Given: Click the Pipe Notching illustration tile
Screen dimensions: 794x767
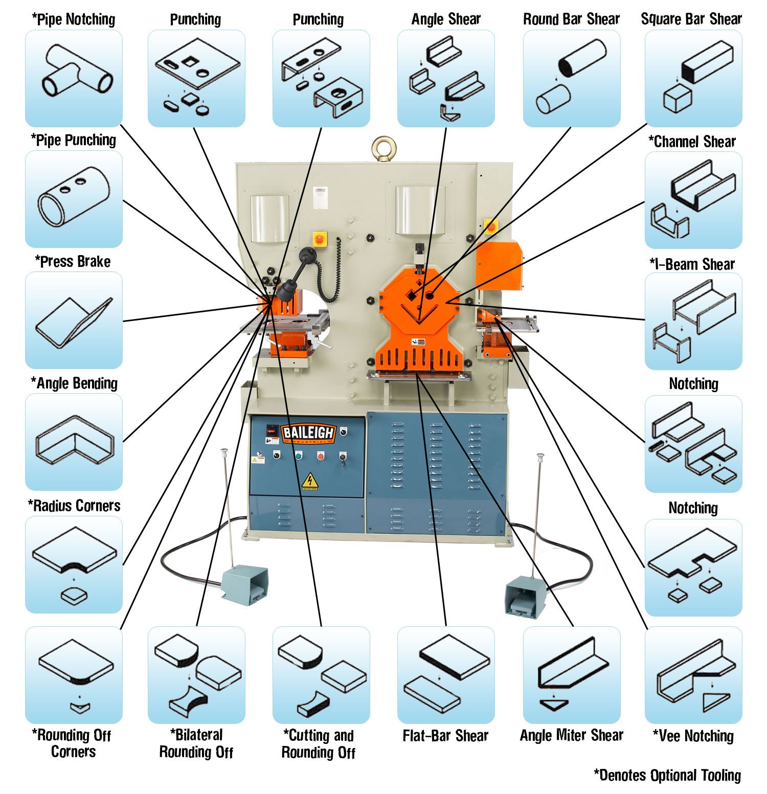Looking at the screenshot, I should click(x=74, y=78).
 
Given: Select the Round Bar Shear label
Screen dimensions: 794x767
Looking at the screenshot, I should click(x=571, y=19).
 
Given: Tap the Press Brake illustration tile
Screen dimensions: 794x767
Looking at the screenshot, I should click(x=74, y=320).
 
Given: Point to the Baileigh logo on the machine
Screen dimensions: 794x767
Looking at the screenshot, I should click(x=308, y=433).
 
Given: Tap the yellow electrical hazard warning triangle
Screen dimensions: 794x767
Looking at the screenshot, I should click(x=308, y=481).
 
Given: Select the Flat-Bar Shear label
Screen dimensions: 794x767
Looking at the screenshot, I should click(x=445, y=736).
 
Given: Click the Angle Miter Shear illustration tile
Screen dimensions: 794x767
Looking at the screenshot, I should click(x=571, y=675).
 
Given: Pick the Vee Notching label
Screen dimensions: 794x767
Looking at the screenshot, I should click(x=693, y=736).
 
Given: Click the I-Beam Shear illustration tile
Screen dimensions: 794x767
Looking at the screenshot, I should click(x=693, y=321).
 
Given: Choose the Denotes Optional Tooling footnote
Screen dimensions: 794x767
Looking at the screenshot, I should click(x=667, y=775).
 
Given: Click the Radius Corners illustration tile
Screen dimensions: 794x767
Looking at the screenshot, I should click(x=74, y=564).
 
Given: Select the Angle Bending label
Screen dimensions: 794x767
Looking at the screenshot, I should click(x=75, y=383).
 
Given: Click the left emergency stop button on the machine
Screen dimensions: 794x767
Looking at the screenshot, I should click(x=320, y=238).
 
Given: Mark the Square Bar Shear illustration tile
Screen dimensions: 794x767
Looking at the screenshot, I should click(x=693, y=78).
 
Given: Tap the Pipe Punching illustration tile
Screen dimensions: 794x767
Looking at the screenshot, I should click(x=74, y=199).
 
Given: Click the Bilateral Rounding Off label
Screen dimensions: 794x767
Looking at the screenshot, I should click(x=196, y=743).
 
